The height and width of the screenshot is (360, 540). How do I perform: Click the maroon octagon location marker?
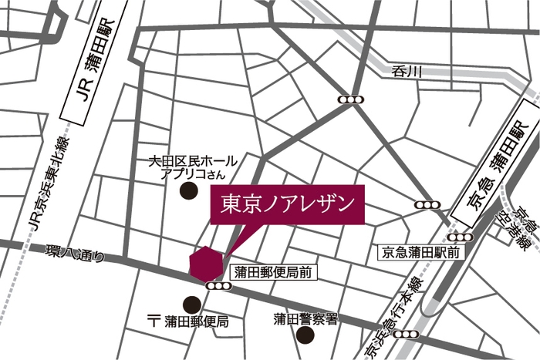pos(206,264)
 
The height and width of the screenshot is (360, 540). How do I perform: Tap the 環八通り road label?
pos(74,253)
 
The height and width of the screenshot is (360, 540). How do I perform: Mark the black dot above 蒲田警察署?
pos(305,335)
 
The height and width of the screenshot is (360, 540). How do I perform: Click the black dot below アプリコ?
pos(187,191)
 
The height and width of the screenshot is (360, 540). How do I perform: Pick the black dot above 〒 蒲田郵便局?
pos(189,304)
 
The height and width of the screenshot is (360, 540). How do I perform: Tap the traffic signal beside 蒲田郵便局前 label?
pos(219,286)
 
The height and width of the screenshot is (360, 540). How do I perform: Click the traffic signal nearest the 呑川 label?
pos(351,99)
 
